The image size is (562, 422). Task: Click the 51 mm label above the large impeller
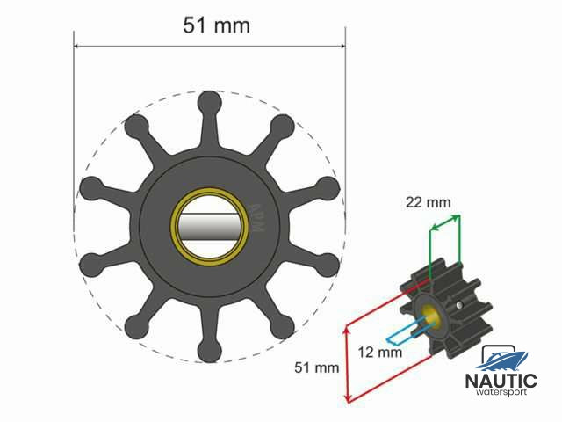[x=216, y=25]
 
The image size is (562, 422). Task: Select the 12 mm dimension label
[x=381, y=352]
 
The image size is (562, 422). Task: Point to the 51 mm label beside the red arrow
[x=313, y=367]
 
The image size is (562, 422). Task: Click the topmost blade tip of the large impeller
[x=209, y=102]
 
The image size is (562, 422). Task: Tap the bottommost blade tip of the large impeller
[x=209, y=351]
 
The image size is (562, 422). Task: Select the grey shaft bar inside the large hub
[x=209, y=227]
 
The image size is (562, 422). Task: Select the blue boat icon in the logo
[x=502, y=357]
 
